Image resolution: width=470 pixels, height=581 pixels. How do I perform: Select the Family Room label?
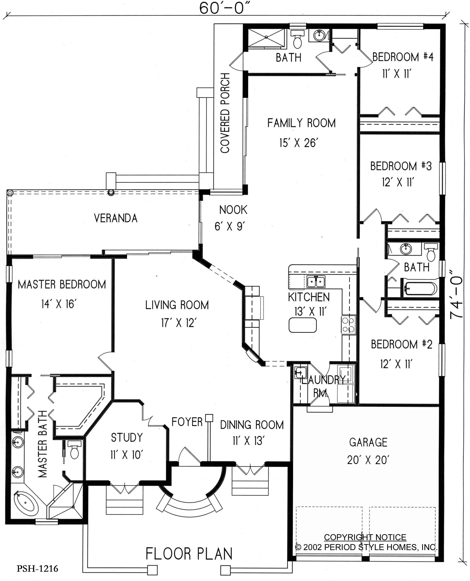pos(301,123)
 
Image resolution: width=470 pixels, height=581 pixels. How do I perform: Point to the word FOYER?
pos(187,422)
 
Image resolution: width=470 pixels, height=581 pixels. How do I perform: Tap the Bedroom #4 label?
pos(403,57)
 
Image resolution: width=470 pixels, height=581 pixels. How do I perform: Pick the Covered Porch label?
pos(225,113)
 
